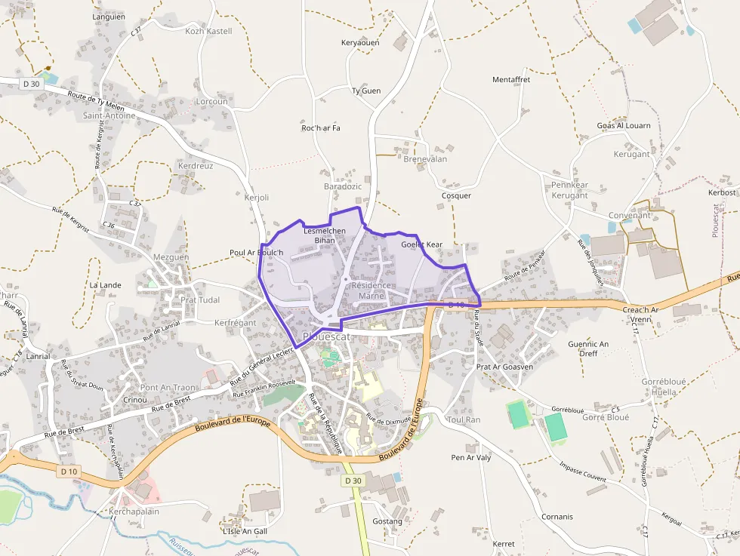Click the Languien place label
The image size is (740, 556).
(x=108, y=16)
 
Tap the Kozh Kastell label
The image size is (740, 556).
(x=208, y=31)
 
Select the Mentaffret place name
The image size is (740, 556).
(x=511, y=79)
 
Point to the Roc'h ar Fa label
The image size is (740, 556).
(x=321, y=127)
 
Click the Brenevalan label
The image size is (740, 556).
(x=425, y=159)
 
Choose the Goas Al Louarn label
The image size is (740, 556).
(x=623, y=125)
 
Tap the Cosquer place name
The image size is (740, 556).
(x=456, y=195)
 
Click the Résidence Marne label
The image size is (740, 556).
(x=371, y=290)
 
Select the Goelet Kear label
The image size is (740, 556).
(x=422, y=244)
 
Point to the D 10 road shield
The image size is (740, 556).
(x=69, y=472)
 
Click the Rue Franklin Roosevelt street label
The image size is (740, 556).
(x=264, y=389)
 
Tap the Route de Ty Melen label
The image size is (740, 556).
(x=95, y=100)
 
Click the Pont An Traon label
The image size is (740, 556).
(x=169, y=387)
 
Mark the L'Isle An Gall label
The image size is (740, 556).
(x=245, y=531)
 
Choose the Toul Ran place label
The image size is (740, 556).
(x=464, y=419)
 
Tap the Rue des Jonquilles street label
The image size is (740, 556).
(x=590, y=261)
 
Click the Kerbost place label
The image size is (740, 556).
(x=722, y=192)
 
